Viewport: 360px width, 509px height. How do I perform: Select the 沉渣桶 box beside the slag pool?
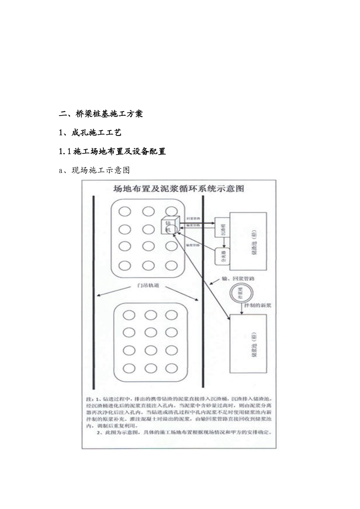[223, 230]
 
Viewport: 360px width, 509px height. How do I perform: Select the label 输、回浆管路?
[237, 279]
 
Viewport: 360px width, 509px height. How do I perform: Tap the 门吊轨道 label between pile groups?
[148, 286]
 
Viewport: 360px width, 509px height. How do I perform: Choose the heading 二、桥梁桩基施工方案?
[101, 114]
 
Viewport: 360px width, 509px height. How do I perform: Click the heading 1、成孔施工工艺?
[90, 133]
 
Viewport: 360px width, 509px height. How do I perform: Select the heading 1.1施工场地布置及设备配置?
[113, 151]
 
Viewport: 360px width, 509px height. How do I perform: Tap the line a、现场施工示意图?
[95, 170]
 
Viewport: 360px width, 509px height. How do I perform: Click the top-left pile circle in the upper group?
[125, 211]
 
